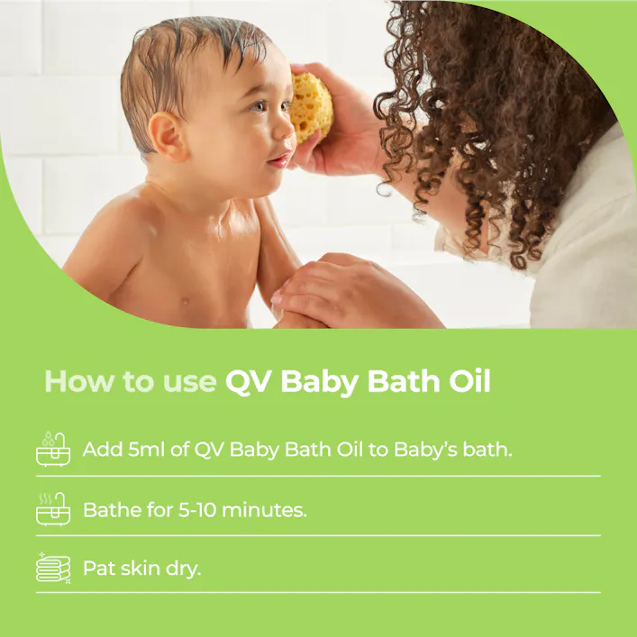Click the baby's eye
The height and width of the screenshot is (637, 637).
pyautogui.click(x=259, y=106)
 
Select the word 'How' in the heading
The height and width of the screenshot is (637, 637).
pyautogui.click(x=74, y=381)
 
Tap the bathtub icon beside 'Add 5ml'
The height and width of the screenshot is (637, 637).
pyautogui.click(x=53, y=448)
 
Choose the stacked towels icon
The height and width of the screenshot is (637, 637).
pyautogui.click(x=53, y=568)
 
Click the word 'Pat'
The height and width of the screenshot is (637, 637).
pyautogui.click(x=98, y=569)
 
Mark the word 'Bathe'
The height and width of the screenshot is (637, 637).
pyautogui.click(x=111, y=509)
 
